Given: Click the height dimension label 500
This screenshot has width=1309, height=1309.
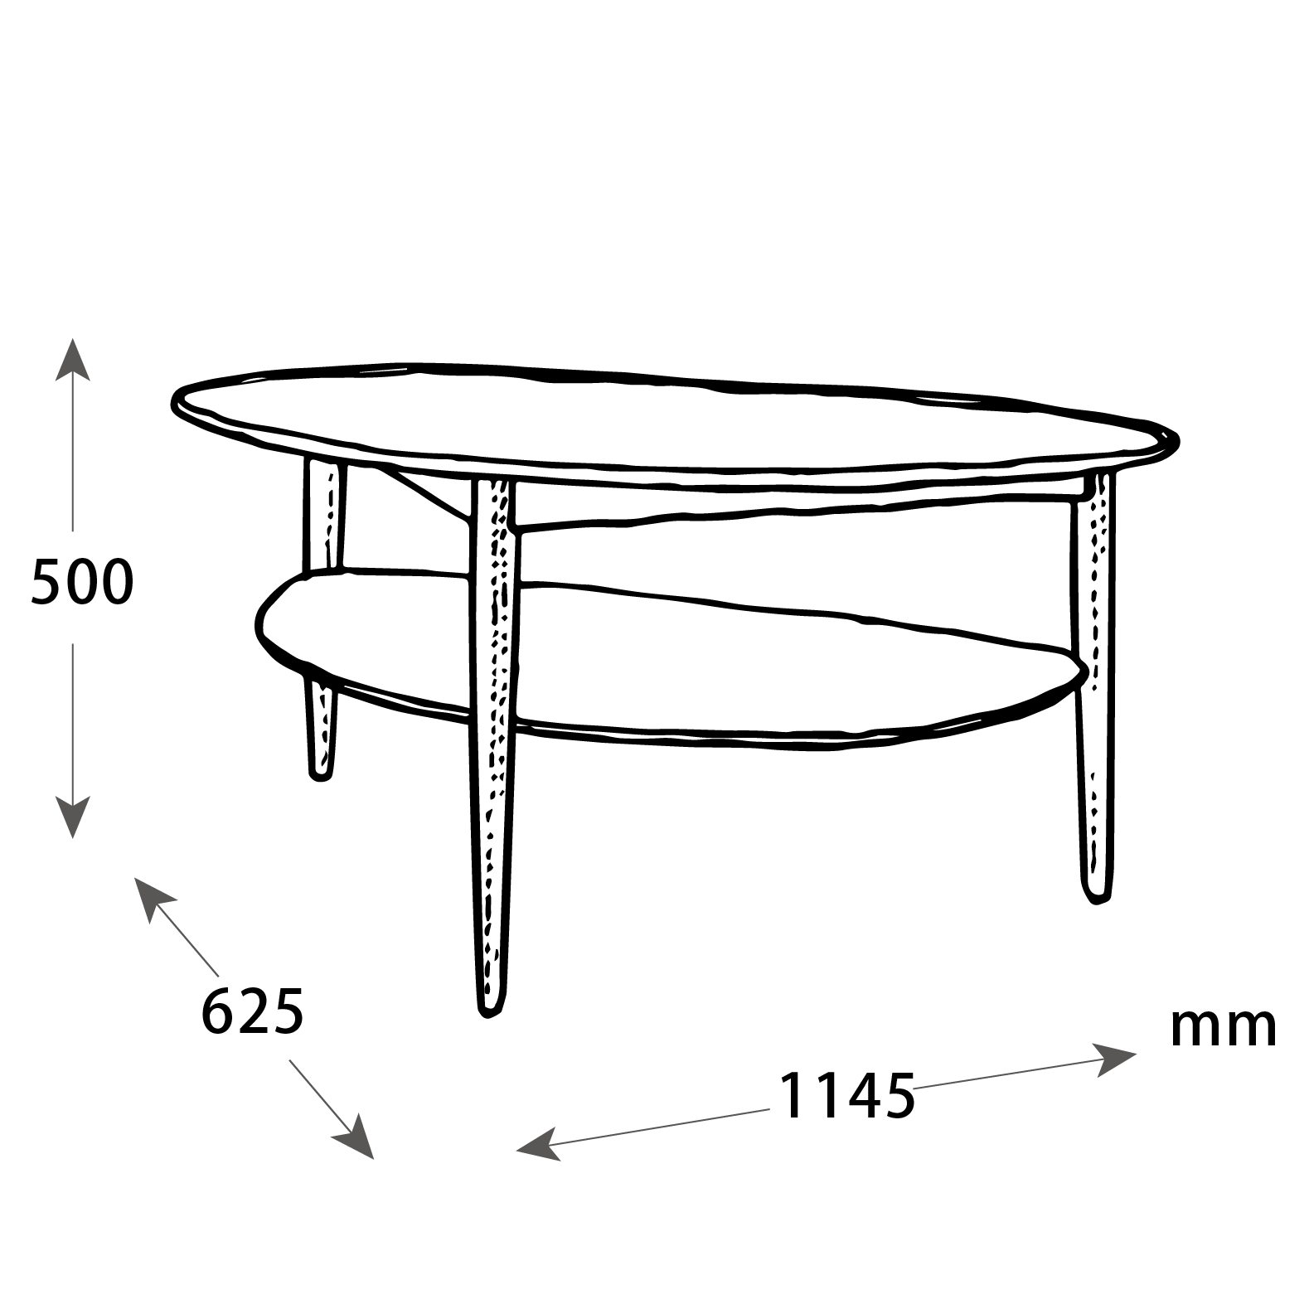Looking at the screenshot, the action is (82, 582).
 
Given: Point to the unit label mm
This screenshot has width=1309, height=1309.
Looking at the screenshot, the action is (1223, 1028).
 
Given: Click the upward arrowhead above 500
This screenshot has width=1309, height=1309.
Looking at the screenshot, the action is (73, 358).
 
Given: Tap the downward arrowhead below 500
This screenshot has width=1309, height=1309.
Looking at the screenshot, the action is (73, 817).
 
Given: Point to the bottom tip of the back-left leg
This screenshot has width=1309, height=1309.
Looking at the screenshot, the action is (321, 778).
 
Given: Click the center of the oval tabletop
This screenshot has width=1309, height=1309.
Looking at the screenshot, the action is (663, 423).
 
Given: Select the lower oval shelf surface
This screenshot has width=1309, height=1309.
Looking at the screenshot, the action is (663, 655).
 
